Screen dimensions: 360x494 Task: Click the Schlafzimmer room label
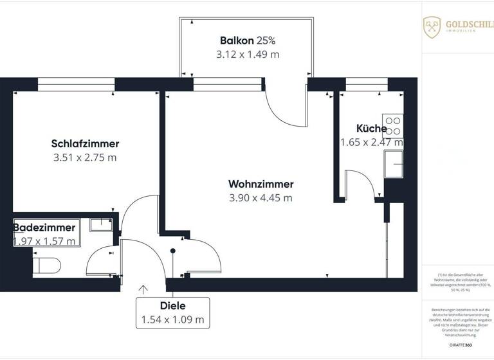(x=85, y=143)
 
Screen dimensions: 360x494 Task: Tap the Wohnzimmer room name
(x=261, y=184)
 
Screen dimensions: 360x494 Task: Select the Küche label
(x=372, y=128)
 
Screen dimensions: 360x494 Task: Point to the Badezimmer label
(x=44, y=228)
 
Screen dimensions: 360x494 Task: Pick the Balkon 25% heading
(x=247, y=40)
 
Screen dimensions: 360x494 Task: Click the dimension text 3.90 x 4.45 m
(x=261, y=198)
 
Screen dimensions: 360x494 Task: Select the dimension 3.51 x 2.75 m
(x=85, y=157)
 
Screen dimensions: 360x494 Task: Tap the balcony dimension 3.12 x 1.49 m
(x=248, y=55)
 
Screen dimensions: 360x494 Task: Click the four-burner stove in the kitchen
(x=392, y=125)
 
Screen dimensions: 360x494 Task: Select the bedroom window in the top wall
(x=76, y=84)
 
